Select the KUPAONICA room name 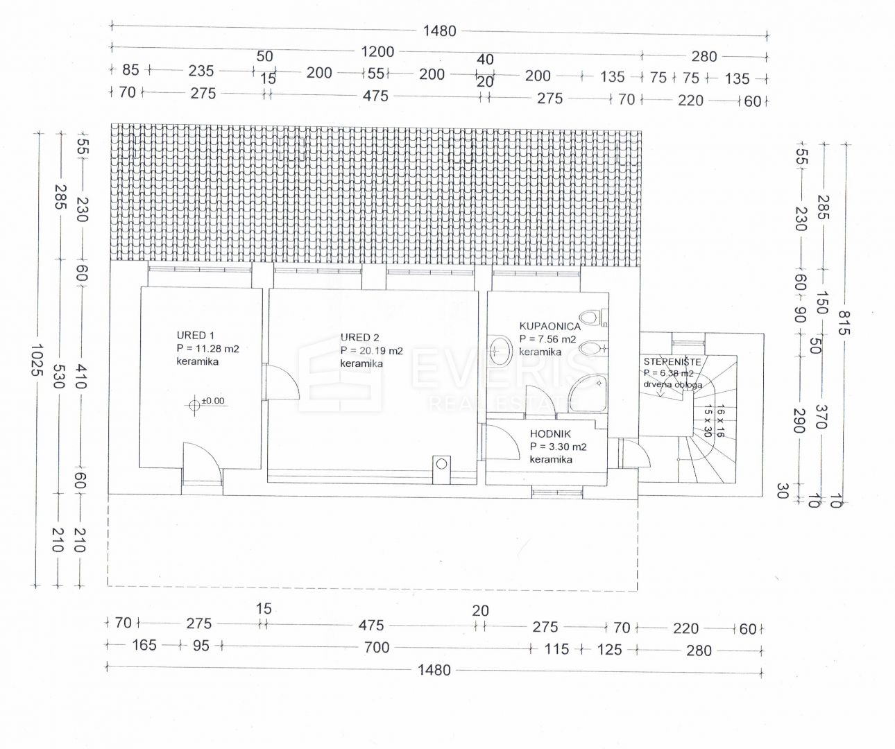550,326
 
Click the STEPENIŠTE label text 672,361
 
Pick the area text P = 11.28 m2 207,348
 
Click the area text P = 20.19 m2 372,350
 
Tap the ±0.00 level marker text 213,401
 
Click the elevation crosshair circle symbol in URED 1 194,404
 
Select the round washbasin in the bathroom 500,351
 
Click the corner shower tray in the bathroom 588,394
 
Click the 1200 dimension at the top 377,51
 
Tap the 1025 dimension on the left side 37,359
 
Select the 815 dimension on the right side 844,322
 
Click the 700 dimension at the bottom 377,647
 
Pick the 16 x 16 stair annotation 720,421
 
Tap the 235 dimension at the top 201,71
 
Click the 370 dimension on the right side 821,416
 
